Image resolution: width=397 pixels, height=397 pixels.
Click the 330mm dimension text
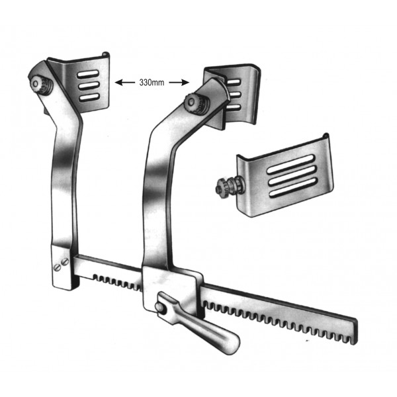point(152,83)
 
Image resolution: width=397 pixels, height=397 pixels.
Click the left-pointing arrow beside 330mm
point(125,82)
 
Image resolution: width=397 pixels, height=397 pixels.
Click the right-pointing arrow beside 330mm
point(179,82)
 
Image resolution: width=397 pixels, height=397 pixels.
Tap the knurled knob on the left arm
point(40,85)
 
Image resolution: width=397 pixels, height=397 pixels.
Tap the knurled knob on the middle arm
point(197,103)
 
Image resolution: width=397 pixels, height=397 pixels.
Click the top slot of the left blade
point(88,74)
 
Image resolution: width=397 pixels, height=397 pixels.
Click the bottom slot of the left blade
point(89,98)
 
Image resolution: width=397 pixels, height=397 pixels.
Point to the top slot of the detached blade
point(291,164)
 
